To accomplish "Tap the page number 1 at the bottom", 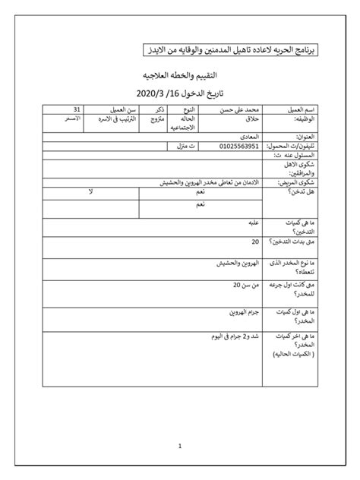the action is [179, 447].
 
